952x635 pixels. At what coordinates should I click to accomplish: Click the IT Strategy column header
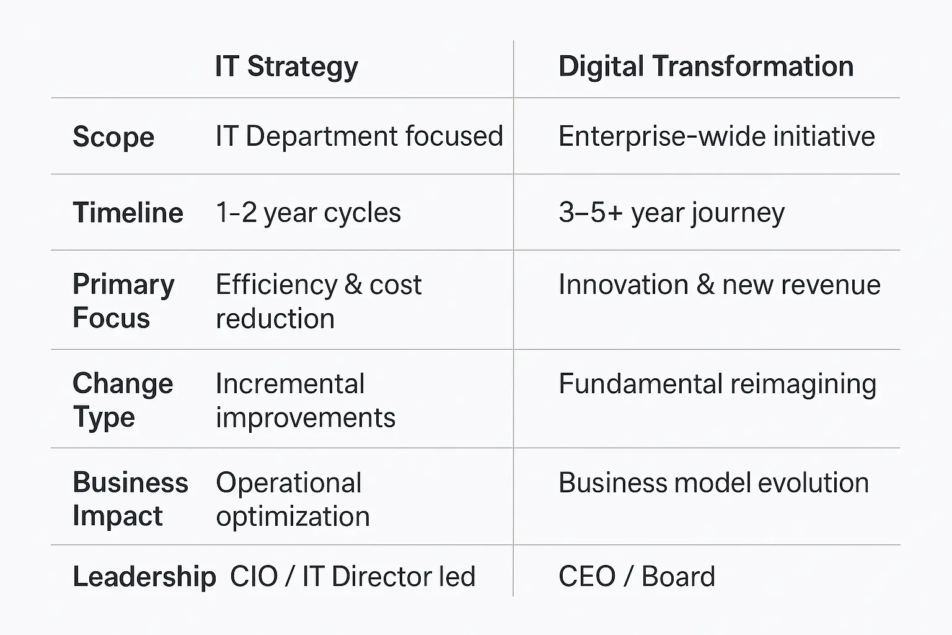click(x=286, y=67)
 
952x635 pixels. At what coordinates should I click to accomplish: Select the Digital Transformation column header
click(x=706, y=67)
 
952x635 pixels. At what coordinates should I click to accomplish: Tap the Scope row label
click(x=113, y=137)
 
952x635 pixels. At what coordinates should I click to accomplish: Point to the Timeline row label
click(x=128, y=212)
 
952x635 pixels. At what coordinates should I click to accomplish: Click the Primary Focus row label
click(x=123, y=301)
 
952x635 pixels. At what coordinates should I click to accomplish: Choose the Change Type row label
click(x=123, y=400)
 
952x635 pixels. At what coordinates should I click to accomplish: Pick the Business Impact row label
click(x=131, y=499)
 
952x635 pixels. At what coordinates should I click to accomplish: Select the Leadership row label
click(x=144, y=577)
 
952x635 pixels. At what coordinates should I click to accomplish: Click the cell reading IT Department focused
click(x=359, y=136)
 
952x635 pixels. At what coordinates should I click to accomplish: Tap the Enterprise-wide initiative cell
click(x=716, y=136)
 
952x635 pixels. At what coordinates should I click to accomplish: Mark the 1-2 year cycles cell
click(x=308, y=213)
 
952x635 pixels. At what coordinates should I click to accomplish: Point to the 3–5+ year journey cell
click(x=671, y=213)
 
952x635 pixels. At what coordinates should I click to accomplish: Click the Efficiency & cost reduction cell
click(x=319, y=301)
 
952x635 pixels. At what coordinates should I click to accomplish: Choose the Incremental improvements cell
click(x=305, y=400)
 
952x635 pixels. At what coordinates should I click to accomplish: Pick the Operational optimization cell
click(x=293, y=499)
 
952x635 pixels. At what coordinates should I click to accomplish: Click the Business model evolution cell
click(x=713, y=482)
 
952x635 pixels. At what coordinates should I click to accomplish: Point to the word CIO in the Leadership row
click(x=253, y=577)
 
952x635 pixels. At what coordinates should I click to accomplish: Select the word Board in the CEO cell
click(x=678, y=577)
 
